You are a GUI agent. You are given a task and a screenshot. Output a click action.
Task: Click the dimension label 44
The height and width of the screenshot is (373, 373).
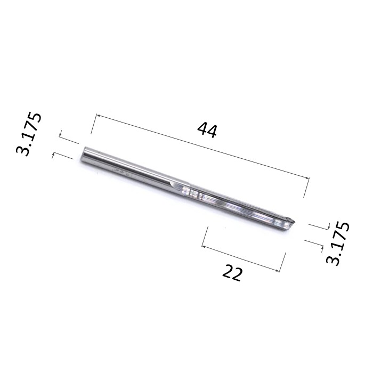207,130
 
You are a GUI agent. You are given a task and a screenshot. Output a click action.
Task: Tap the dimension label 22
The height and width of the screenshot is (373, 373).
232,272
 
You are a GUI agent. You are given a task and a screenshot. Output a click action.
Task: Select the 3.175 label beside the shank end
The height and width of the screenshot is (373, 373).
29,134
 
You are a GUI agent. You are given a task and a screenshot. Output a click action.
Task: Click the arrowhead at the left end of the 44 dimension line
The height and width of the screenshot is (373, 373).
99,116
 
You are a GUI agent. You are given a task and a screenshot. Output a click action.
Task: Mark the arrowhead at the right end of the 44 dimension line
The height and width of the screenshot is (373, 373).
307,177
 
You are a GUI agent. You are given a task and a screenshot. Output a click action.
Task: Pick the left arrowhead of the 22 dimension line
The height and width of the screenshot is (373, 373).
204,246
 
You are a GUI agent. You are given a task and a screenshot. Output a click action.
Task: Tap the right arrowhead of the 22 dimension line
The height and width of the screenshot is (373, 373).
277,270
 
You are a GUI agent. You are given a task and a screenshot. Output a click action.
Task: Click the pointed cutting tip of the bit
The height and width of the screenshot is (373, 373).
295,222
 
